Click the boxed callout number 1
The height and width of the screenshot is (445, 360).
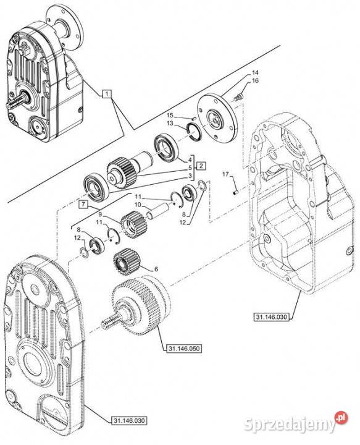point(107,94)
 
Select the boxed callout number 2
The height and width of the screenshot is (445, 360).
point(201,166)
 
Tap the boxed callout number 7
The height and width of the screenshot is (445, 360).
point(83,204)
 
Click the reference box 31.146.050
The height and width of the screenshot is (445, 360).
point(183,348)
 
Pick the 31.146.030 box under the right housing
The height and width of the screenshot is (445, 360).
point(271,316)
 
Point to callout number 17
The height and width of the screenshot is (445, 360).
point(225,174)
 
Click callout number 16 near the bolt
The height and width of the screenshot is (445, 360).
point(255,81)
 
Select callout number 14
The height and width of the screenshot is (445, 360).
point(255,73)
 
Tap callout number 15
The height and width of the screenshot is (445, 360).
point(170,115)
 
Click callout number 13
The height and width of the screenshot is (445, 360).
point(170,123)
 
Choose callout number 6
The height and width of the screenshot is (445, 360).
point(156,269)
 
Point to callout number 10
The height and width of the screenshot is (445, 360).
point(138,205)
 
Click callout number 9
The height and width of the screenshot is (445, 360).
point(101,213)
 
